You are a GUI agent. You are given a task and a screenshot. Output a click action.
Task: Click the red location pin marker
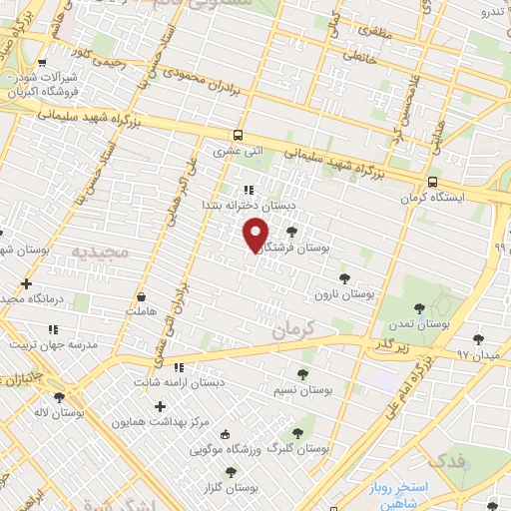pos(256,236)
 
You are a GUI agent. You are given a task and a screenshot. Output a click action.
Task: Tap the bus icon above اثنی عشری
pos(238,136)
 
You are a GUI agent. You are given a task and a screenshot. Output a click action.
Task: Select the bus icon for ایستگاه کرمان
pos(432,183)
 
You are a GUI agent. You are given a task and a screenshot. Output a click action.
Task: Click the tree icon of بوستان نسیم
pos(301,373)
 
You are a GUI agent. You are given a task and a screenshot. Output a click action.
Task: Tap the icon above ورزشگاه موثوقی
pos(224,434)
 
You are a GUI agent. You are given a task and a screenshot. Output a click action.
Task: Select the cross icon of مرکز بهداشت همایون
pos(160,406)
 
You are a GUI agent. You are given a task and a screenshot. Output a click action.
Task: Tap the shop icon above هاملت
pos(141,297)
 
